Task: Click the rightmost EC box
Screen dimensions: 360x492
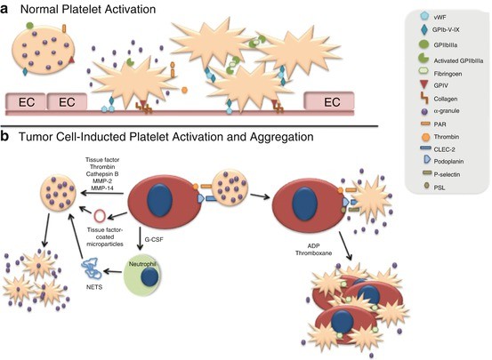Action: [x=333, y=101]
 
